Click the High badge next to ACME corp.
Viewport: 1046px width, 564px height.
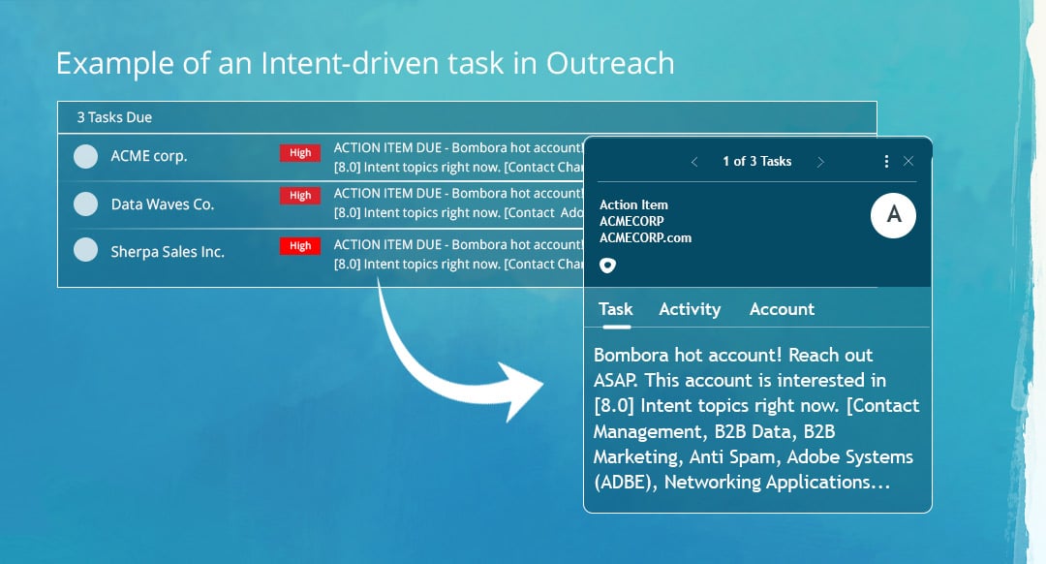[x=300, y=153]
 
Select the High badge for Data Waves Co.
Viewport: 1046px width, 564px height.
[x=300, y=196]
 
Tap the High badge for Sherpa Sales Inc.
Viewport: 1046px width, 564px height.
[x=300, y=246]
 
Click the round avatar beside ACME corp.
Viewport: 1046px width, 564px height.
[x=86, y=156]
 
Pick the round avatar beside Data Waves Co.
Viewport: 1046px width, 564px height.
[x=86, y=204]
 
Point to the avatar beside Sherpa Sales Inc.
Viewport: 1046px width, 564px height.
[x=86, y=251]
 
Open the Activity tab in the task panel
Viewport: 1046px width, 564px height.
[x=690, y=309]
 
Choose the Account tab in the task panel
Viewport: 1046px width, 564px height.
[x=782, y=309]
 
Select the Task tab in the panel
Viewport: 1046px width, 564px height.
[x=616, y=309]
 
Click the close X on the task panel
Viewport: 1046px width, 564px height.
[x=908, y=161]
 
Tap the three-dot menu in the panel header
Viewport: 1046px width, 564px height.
[x=886, y=161]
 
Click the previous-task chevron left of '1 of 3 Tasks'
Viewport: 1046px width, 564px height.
[x=694, y=162]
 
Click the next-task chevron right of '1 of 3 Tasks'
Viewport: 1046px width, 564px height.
[x=820, y=162]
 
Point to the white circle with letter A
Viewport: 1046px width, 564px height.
[x=894, y=215]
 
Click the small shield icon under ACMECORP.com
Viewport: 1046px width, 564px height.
[x=607, y=265]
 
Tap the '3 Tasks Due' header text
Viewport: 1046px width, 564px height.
[x=114, y=117]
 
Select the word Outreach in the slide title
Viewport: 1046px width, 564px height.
[x=610, y=64]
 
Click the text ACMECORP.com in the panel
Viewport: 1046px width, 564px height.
[x=645, y=237]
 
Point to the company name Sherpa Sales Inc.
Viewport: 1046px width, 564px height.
[x=168, y=252]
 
